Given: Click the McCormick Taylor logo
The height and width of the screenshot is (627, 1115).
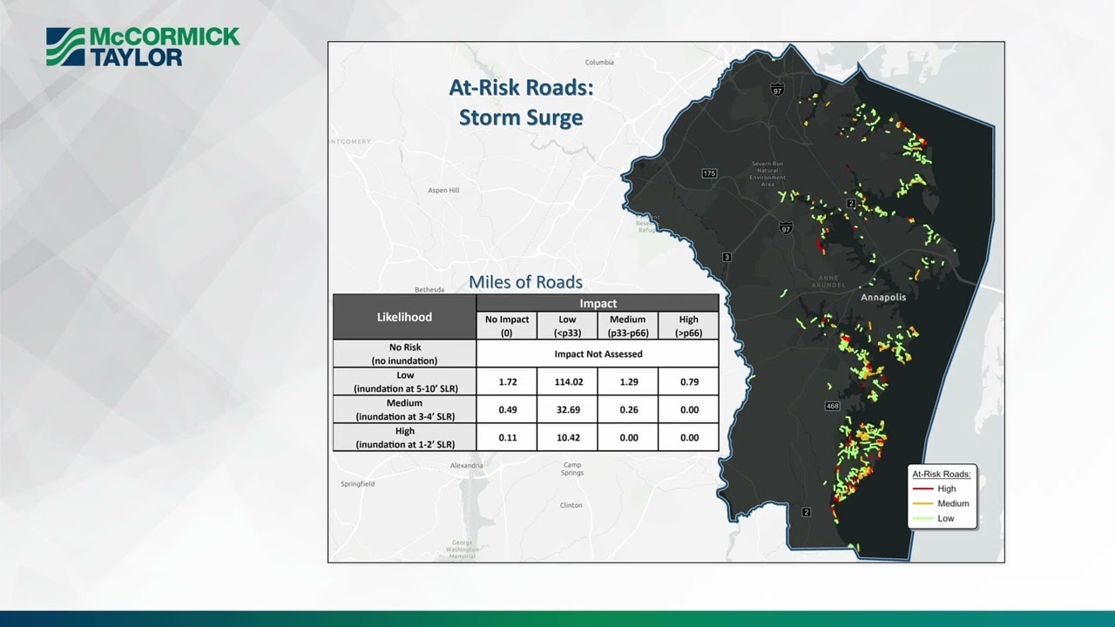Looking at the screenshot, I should pos(143,46).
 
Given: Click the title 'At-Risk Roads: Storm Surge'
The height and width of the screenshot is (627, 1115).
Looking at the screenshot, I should pos(521,102).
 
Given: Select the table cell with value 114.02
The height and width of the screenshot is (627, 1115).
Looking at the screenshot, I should pos(567,381).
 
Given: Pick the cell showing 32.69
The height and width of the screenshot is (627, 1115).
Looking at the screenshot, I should pos(567,409).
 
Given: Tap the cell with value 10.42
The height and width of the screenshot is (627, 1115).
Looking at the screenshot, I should pos(567,437).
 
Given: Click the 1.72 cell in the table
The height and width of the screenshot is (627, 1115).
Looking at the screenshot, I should pos(507,381).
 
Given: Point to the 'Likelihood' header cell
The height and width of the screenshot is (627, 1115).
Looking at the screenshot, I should pos(404,317).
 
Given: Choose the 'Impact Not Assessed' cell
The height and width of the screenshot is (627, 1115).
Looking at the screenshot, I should pos(598,354).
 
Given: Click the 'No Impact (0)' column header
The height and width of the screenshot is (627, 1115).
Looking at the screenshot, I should pos(507,326).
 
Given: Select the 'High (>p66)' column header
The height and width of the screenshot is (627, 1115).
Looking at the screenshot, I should pos(688,326).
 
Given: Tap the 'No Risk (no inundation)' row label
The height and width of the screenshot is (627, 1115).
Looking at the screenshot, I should pos(404,354).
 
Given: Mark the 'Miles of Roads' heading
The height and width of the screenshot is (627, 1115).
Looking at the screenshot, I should pos(525,282).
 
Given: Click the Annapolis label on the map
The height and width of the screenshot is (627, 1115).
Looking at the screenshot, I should pos(883,297).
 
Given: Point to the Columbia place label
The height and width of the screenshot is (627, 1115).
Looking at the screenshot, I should pos(599,63).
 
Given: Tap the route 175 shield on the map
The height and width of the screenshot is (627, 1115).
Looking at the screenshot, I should pos(709,173).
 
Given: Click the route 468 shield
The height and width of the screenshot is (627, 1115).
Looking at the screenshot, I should pos(832,407).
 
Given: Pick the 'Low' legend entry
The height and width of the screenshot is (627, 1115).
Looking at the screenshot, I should pos(945,518).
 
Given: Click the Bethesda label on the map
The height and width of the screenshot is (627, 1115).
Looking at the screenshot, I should pos(429,289).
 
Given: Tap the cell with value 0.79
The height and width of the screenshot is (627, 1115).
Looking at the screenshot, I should pos(688,381).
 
